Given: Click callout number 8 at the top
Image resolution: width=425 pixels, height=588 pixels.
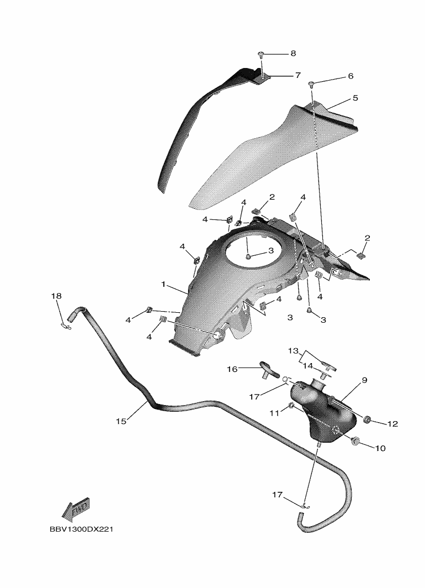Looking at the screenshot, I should pyautogui.click(x=293, y=54).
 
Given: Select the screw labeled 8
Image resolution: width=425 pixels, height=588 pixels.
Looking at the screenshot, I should pyautogui.click(x=261, y=55).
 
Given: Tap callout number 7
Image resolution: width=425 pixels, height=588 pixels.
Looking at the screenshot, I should pyautogui.click(x=297, y=75).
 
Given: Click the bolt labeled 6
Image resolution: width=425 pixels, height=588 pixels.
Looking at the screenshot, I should pyautogui.click(x=311, y=84).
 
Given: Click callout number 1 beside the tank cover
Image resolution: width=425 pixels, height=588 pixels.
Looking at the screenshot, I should pyautogui.click(x=163, y=284).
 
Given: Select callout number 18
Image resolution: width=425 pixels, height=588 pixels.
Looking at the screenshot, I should pyautogui.click(x=56, y=296).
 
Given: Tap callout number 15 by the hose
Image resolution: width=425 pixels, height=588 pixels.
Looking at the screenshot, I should pyautogui.click(x=121, y=421).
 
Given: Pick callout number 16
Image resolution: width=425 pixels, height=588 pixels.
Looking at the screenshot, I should pyautogui.click(x=232, y=368).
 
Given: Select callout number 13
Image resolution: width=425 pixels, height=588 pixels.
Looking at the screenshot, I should pyautogui.click(x=293, y=351).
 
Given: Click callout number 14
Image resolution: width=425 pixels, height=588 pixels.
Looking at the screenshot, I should pyautogui.click(x=307, y=366).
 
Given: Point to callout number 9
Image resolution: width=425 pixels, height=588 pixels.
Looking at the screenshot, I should pyautogui.click(x=364, y=380).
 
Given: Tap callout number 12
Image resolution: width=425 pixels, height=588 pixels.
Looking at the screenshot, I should pyautogui.click(x=392, y=424).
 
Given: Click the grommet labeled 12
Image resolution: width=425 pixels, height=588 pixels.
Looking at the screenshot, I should pyautogui.click(x=365, y=422).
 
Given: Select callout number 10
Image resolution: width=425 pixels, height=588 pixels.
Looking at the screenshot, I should pyautogui.click(x=380, y=448).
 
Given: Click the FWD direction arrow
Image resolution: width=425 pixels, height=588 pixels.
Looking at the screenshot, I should pyautogui.click(x=75, y=509).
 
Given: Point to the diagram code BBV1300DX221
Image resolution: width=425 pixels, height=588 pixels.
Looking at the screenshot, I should pyautogui.click(x=81, y=529).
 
